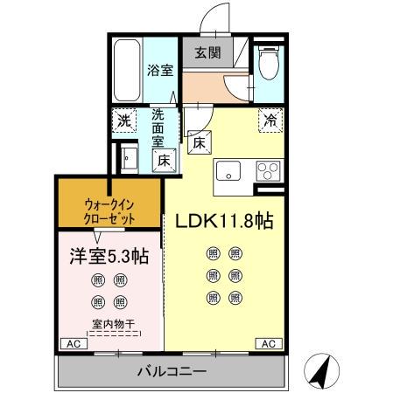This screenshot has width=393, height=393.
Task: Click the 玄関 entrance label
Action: pos(207,52)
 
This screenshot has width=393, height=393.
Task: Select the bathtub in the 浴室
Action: pos(126,71)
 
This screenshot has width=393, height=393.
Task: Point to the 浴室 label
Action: pos(158,71)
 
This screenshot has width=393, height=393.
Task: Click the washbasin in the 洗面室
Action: pos(129,161)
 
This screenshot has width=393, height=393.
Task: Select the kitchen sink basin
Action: pos(228,170)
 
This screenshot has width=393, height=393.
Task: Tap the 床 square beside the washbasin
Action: pos(163,160)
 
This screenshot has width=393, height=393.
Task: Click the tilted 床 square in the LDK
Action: pos(198,141)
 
